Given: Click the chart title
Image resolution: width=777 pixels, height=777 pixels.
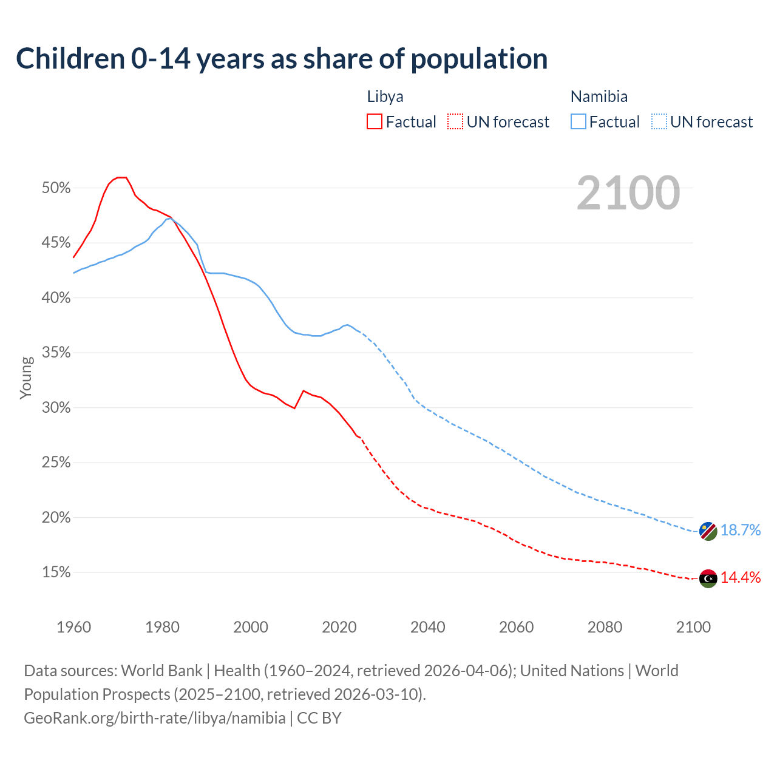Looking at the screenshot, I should [282, 59].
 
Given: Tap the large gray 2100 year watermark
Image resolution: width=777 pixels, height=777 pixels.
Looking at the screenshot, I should [628, 193].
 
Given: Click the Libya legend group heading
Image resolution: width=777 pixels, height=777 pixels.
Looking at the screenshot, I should [385, 97].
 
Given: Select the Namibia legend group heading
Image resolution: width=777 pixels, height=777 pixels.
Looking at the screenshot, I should [599, 97].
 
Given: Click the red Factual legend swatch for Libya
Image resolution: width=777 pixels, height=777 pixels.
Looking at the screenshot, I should [375, 122].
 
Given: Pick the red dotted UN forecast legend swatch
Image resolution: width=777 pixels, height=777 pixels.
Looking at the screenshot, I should [455, 122].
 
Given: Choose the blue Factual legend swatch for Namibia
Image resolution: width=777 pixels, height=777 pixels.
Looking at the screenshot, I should [579, 122].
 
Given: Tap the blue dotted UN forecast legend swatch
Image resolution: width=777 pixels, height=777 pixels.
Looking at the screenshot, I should [659, 122].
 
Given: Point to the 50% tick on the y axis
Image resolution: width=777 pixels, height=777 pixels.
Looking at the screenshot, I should [56, 188].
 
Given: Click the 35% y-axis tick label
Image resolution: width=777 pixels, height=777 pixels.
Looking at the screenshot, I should [56, 353].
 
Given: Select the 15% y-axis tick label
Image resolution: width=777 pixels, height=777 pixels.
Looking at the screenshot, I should [56, 572].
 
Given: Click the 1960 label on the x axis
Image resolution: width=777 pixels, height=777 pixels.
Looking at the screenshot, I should [73, 627].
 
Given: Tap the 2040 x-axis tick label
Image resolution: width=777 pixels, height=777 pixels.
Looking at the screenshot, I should [427, 627].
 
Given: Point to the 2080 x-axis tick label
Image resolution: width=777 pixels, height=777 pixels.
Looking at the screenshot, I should [605, 627].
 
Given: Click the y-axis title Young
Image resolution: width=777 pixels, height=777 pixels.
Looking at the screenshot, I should [26, 378].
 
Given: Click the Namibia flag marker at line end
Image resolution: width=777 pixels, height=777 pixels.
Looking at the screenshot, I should [708, 531].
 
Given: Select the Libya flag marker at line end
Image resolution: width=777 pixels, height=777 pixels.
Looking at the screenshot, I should [708, 579].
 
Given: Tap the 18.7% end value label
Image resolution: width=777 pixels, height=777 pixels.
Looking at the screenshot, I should [740, 531].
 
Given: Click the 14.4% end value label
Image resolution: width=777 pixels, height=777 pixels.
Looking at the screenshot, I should [740, 578].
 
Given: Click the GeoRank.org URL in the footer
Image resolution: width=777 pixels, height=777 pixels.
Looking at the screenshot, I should [155, 718].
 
